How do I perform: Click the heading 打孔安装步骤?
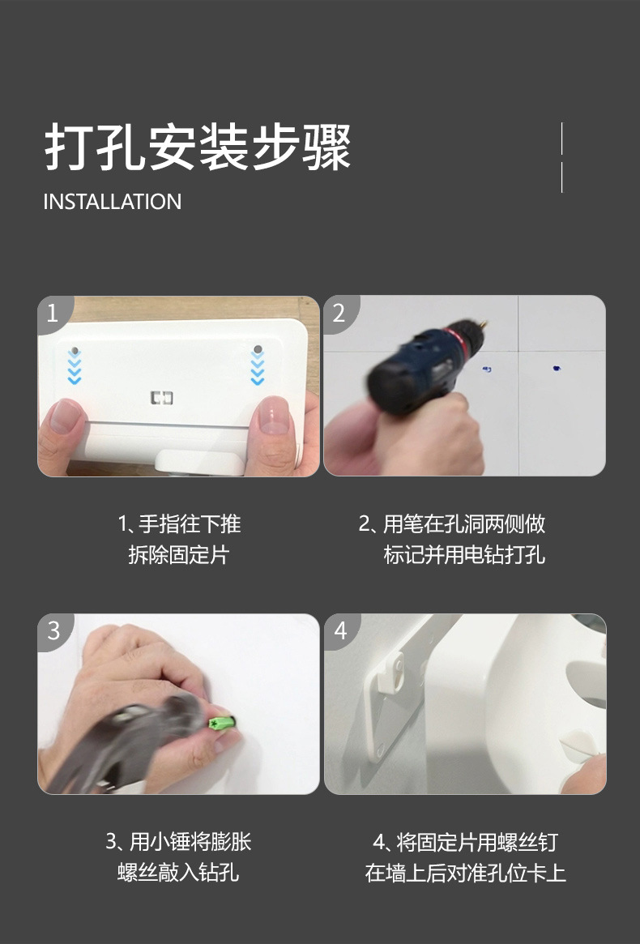point(198,147)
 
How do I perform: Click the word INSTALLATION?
point(112,202)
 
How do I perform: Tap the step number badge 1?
point(53,313)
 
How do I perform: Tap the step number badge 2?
point(339,313)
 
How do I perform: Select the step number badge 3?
point(53,631)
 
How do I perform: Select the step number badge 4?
point(340,631)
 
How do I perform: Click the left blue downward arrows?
point(74,366)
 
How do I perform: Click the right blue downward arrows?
point(258,368)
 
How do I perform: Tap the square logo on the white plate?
point(161,397)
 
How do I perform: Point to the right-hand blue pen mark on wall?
point(557,368)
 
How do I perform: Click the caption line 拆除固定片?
point(179,554)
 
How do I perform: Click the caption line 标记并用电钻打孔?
point(464,554)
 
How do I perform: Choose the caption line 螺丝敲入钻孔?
point(178,873)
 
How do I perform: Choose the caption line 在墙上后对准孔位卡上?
point(465,873)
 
